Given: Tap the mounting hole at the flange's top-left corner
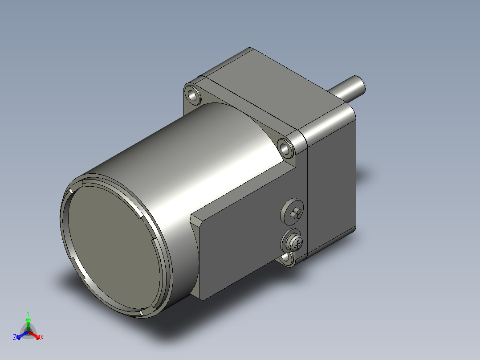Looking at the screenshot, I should tap(192, 95).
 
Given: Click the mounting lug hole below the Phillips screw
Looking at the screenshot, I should tap(287, 258).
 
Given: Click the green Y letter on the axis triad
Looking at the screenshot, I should tap(28, 313).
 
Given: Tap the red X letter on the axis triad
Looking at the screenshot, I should tap(41, 338).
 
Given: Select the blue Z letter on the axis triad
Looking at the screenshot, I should tap(15, 338).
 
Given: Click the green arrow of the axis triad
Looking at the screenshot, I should tap(28, 323).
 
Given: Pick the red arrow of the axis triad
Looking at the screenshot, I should tap(35, 335).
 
